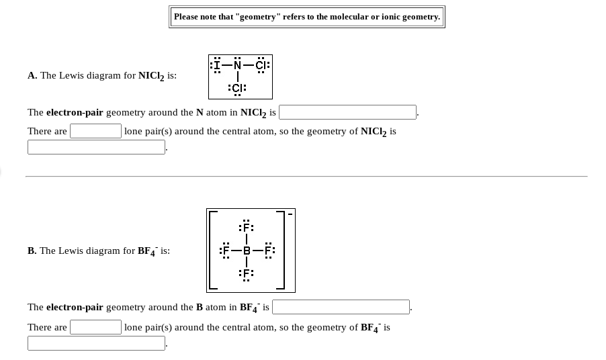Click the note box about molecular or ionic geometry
tap(306, 17)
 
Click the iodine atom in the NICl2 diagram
tap(216, 65)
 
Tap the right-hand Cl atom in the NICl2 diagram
tap(261, 65)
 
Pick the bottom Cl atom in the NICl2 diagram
tap(238, 87)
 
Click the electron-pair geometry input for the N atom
tap(347, 112)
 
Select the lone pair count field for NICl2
tap(95, 131)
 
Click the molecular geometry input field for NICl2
tap(96, 147)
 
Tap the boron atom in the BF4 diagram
tap(247, 251)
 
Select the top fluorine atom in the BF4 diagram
tap(247, 228)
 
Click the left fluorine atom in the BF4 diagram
tap(225, 251)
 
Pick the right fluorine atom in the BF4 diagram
tap(268, 251)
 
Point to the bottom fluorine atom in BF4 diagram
tap(247, 273)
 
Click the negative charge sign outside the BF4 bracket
tap(290, 214)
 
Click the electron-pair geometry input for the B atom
tap(341, 307)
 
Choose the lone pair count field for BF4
tap(95, 327)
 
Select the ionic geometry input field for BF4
tap(96, 343)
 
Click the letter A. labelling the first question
tap(32, 75)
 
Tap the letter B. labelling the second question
tap(32, 251)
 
